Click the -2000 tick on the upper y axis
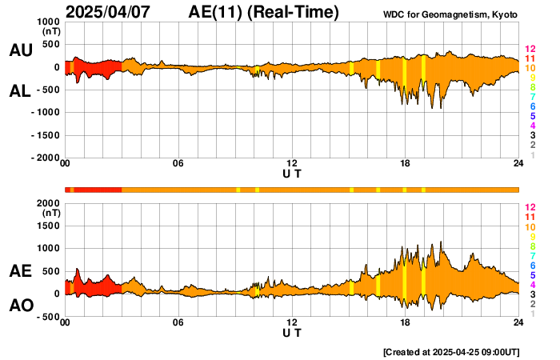click(x=46, y=158)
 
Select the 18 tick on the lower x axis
click(x=406, y=323)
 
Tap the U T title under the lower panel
click(x=292, y=333)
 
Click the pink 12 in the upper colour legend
click(x=530, y=49)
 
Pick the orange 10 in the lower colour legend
click(x=530, y=226)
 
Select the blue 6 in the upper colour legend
click(x=531, y=106)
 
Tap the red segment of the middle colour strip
click(x=96, y=189)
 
